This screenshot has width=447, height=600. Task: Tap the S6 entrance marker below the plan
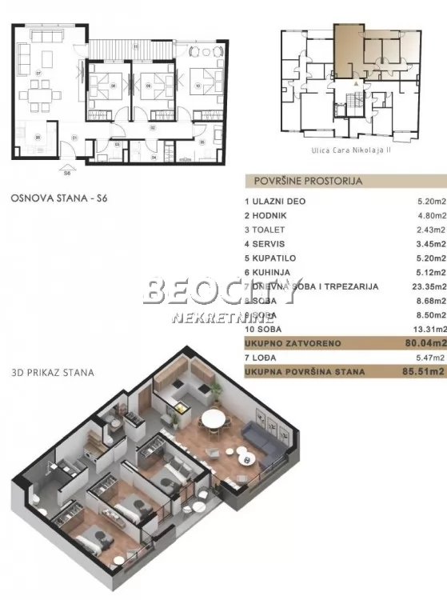click(x=67, y=170)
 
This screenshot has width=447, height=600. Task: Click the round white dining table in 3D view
click(x=214, y=418)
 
